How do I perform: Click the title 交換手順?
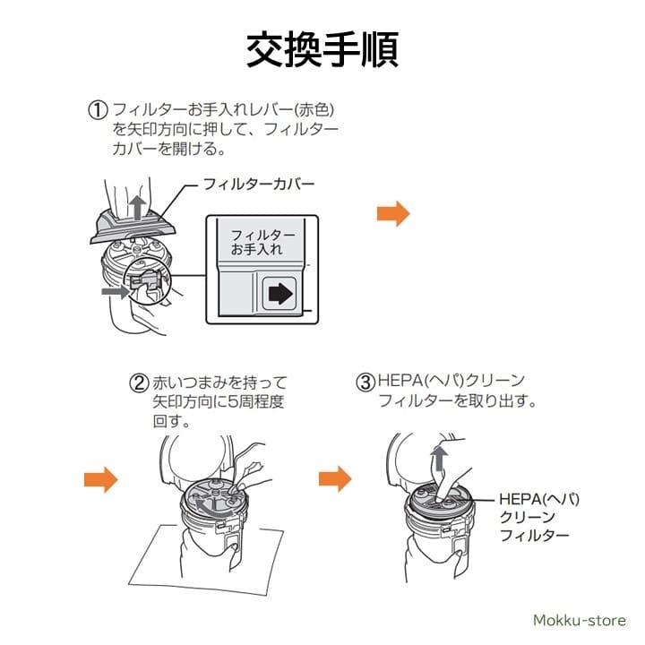click(x=322, y=50)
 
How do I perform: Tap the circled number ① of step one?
click(x=97, y=110)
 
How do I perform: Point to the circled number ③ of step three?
click(x=365, y=383)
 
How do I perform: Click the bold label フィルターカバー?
click(x=259, y=185)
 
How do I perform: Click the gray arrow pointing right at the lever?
click(x=115, y=291)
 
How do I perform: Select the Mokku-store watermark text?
click(x=581, y=620)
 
